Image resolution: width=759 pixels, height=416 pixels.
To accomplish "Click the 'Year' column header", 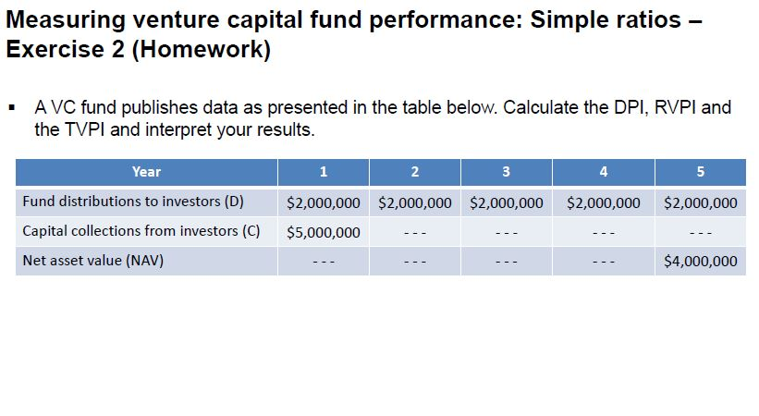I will (146, 172).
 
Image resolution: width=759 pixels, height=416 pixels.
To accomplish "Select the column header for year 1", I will (323, 172).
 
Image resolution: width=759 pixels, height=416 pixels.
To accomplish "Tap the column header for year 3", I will (506, 172).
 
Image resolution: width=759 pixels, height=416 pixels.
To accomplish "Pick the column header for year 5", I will (700, 172).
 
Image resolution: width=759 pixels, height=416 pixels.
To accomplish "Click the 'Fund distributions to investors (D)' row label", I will (133, 202).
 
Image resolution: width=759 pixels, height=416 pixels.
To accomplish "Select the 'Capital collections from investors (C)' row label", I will (141, 231).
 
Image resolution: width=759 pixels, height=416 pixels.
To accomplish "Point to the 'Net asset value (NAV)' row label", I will (92, 261).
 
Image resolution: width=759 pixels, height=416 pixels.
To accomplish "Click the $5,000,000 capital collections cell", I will (323, 232).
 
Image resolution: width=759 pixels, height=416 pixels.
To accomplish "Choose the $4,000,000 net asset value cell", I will (700, 262).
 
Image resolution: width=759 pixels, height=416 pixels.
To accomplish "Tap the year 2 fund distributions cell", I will (415, 202).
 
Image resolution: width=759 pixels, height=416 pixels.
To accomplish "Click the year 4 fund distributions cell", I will (603, 202).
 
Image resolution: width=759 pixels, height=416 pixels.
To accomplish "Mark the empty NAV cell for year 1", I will (323, 262).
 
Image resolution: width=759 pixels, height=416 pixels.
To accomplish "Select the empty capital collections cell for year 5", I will (700, 232).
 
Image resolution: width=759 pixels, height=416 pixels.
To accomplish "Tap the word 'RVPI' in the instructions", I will (678, 107).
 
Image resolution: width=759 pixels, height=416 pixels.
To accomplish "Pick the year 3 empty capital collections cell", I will (506, 232).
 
